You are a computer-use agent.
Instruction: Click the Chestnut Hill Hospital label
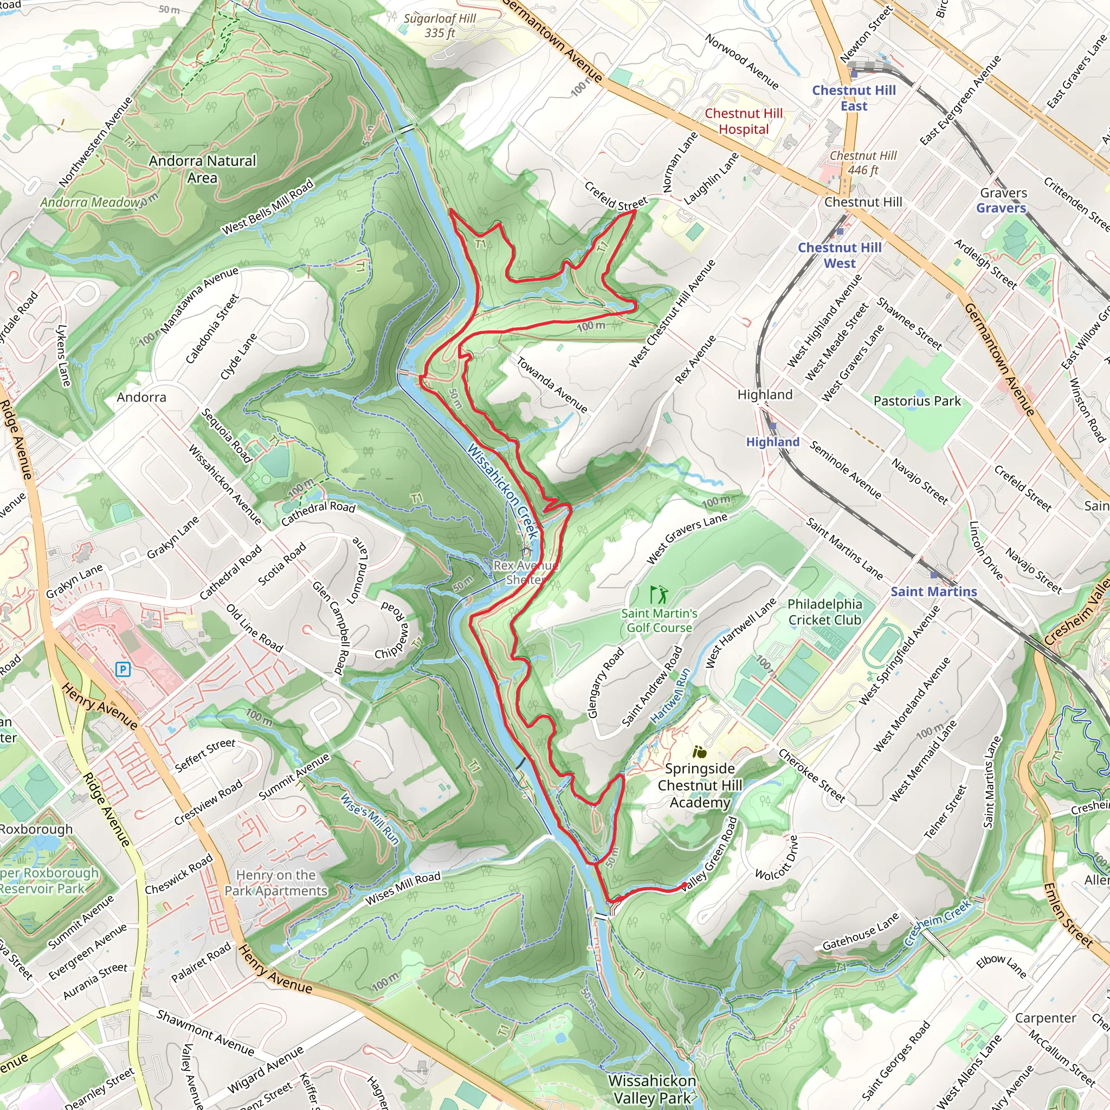pyautogui.click(x=744, y=121)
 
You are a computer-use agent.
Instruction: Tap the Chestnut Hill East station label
pyautogui.click(x=854, y=98)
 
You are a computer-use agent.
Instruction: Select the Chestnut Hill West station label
pyautogui.click(x=840, y=255)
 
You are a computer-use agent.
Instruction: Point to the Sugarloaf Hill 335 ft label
pyautogui.click(x=440, y=25)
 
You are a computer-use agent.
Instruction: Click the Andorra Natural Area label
pyautogui.click(x=202, y=169)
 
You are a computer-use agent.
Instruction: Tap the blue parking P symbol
pyautogui.click(x=122, y=669)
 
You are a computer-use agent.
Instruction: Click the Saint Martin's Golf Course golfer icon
pyautogui.click(x=659, y=593)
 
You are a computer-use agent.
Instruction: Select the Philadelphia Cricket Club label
pyautogui.click(x=824, y=612)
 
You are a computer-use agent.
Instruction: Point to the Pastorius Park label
pyautogui.click(x=917, y=401)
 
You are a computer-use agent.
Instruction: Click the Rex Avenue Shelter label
pyautogui.click(x=525, y=572)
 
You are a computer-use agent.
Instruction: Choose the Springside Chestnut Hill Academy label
pyautogui.click(x=700, y=785)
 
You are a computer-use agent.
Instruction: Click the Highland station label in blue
pyautogui.click(x=772, y=442)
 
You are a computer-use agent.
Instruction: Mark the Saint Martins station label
pyautogui.click(x=933, y=591)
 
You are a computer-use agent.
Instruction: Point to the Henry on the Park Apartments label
pyautogui.click(x=276, y=882)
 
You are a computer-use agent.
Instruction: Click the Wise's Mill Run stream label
pyautogui.click(x=370, y=819)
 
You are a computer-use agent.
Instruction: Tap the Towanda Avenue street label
pyautogui.click(x=552, y=385)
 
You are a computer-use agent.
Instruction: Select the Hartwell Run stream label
pyautogui.click(x=670, y=696)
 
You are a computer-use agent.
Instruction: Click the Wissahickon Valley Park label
pyautogui.click(x=652, y=1089)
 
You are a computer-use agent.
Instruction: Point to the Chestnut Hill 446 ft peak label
pyautogui.click(x=863, y=163)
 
